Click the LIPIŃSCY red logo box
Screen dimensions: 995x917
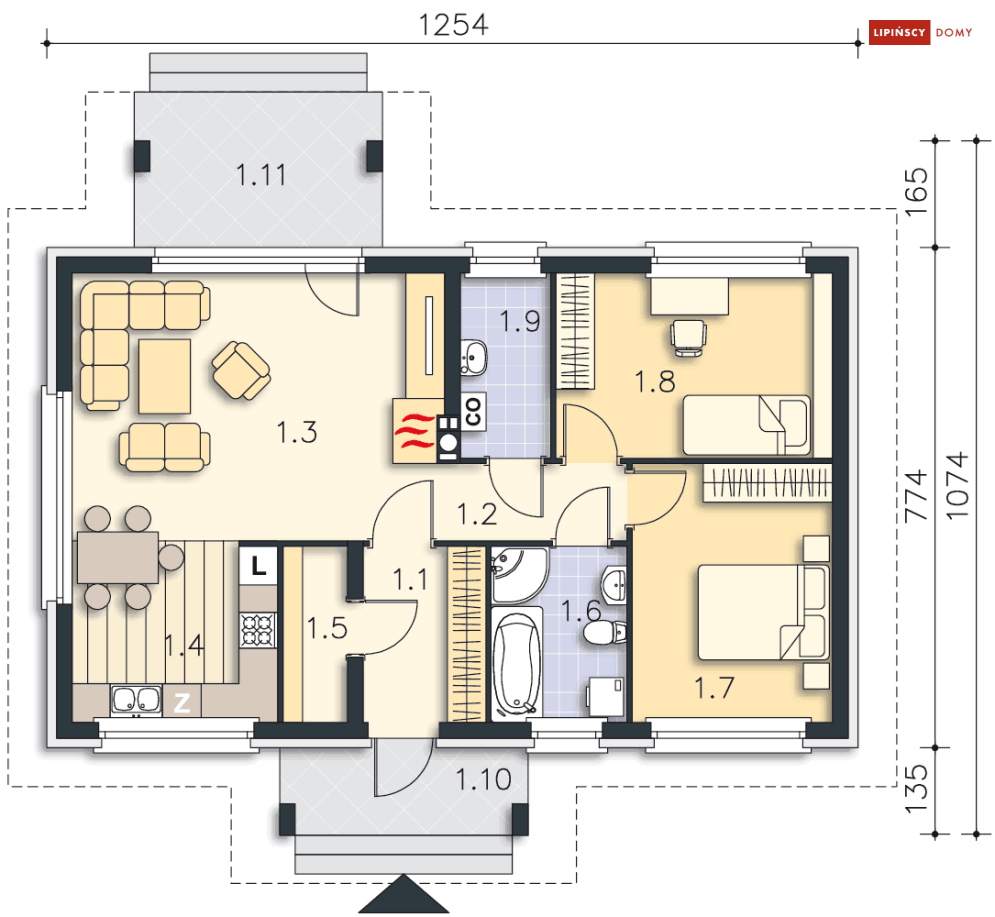(x=899, y=32)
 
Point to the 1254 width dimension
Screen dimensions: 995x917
(x=453, y=25)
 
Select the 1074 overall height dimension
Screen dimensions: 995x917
(x=958, y=485)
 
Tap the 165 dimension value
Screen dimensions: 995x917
(x=916, y=191)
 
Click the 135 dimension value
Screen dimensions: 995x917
(x=916, y=789)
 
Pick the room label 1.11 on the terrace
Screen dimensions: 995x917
(x=261, y=175)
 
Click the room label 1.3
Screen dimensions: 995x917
(x=297, y=432)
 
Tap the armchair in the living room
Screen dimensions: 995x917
(x=241, y=371)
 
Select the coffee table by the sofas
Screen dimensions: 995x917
(x=164, y=376)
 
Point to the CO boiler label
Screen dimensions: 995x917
(x=473, y=412)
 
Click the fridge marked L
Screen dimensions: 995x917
(x=258, y=564)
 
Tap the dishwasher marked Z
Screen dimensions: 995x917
(x=182, y=702)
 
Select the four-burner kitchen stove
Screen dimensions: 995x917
(x=258, y=630)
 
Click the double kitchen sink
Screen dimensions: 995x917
(x=136, y=700)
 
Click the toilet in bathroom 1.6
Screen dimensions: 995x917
(x=605, y=633)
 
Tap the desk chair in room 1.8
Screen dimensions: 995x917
(x=689, y=338)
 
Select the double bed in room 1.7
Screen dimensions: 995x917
(x=763, y=612)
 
